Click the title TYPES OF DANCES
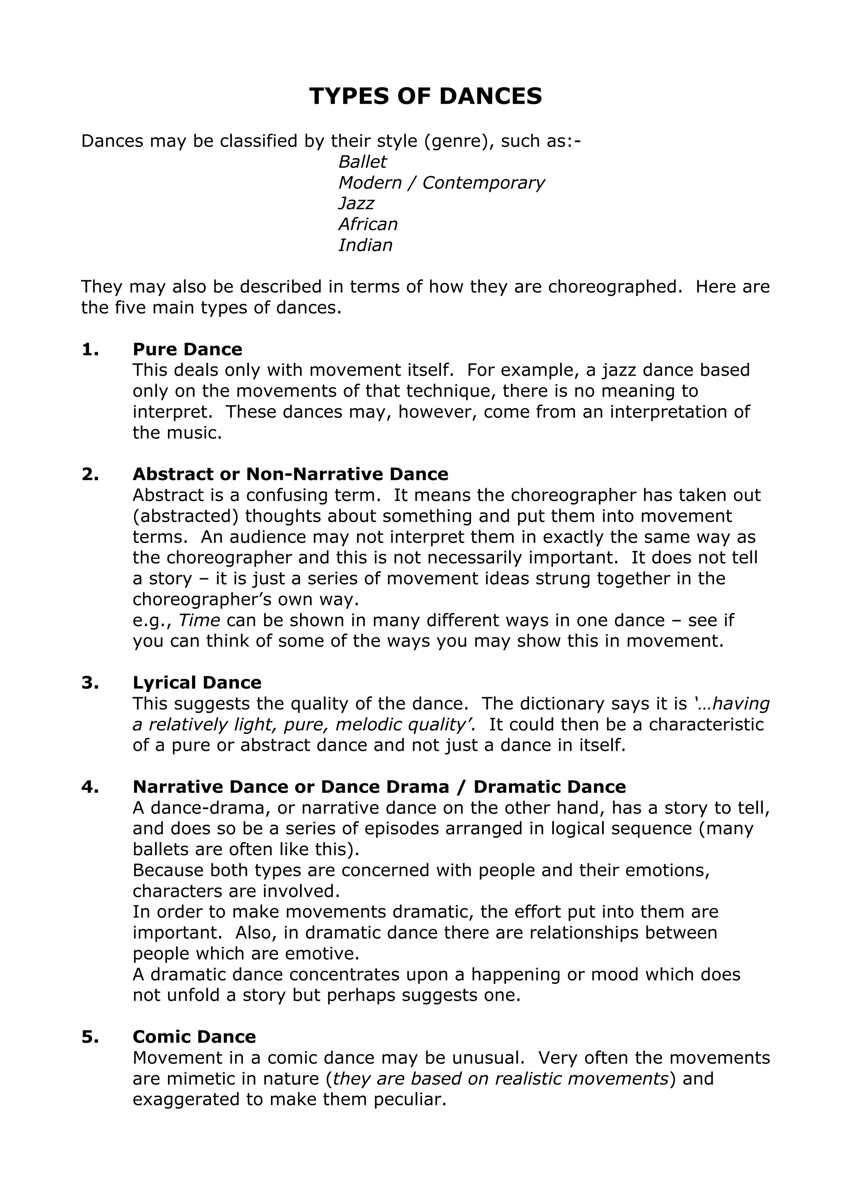pyautogui.click(x=425, y=96)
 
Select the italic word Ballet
pyautogui.click(x=362, y=162)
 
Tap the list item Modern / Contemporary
pyautogui.click(x=441, y=183)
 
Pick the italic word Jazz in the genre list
pyautogui.click(x=356, y=203)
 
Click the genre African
pyautogui.click(x=368, y=224)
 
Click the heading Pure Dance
pyautogui.click(x=187, y=350)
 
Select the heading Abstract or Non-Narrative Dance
pyautogui.click(x=290, y=474)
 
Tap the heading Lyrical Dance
pyautogui.click(x=197, y=683)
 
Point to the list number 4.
pyautogui.click(x=90, y=787)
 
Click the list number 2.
pyautogui.click(x=90, y=474)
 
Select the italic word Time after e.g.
pyautogui.click(x=199, y=620)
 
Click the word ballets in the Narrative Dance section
pyautogui.click(x=162, y=849)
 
